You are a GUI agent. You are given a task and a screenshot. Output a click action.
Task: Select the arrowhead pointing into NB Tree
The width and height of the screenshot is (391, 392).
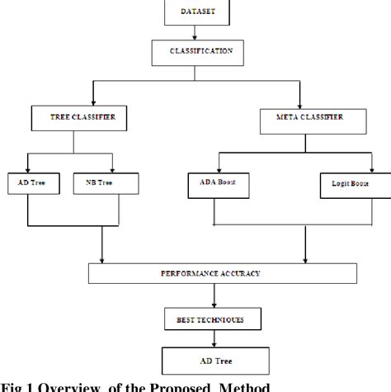110,168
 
